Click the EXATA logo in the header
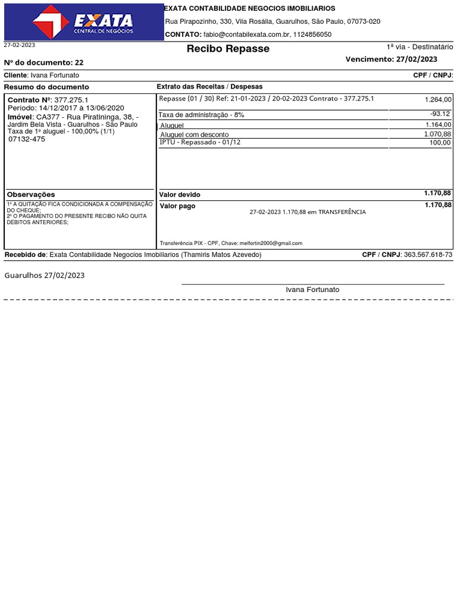83,22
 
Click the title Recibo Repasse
228,49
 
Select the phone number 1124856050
312,34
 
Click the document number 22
79,62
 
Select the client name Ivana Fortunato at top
54,76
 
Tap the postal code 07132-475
26,139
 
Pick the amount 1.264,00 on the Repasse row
438,100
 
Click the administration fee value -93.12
440,114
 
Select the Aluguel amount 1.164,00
438,124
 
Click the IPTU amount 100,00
440,143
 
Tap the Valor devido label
180,195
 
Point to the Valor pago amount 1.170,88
437,205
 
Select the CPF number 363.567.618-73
428,255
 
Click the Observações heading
31,194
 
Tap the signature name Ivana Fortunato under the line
312,290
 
